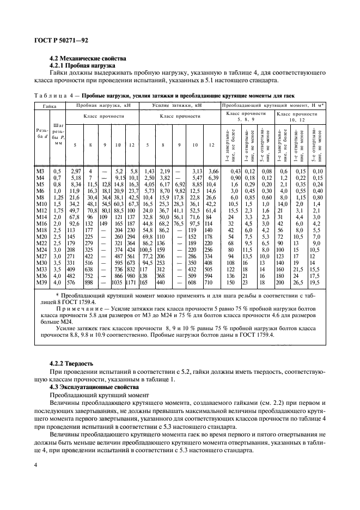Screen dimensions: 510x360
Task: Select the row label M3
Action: coord(40,172)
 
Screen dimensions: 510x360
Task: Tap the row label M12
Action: coord(40,210)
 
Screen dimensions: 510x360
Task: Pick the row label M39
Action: coord(40,282)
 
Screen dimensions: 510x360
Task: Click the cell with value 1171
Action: coord(131,282)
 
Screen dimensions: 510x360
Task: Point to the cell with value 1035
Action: coord(117,282)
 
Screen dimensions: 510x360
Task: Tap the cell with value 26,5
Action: coord(298,282)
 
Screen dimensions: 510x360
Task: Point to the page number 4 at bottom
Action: coord(35,465)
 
